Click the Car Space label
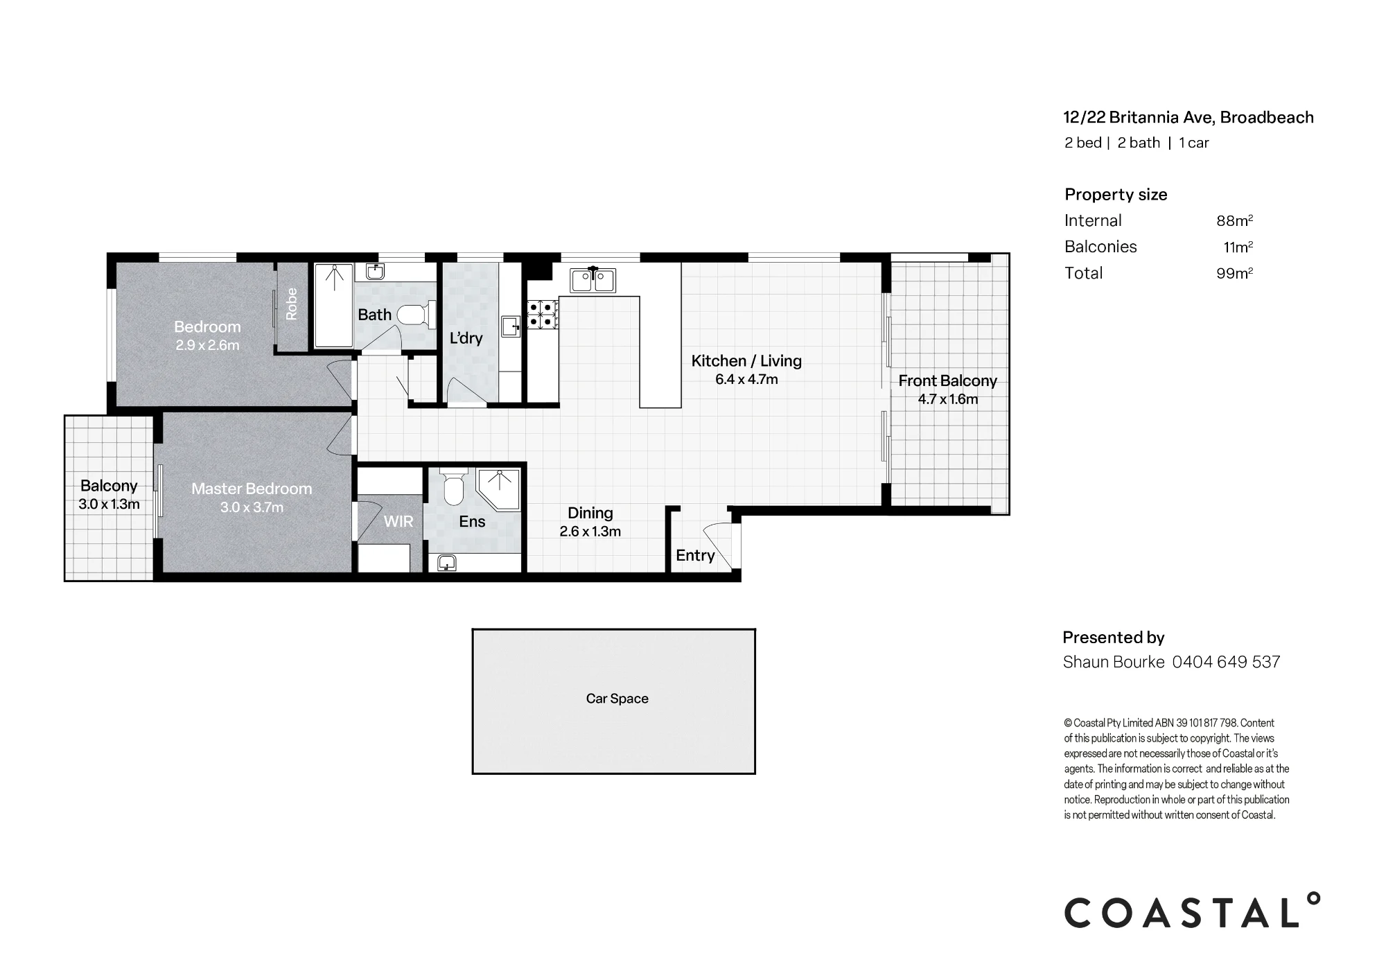[617, 699]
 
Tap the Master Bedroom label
[252, 489]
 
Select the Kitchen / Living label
[746, 360]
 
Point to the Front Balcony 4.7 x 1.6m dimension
[948, 399]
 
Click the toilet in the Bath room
[417, 315]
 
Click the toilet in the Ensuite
[454, 489]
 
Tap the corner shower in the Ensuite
[498, 491]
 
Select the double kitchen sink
[593, 281]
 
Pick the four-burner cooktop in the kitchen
[543, 314]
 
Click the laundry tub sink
[510, 325]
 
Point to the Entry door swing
[718, 546]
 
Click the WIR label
[398, 522]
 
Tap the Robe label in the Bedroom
[292, 304]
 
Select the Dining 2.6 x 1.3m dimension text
[590, 532]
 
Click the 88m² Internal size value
[1235, 220]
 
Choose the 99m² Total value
[1235, 273]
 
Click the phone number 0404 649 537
[1226, 662]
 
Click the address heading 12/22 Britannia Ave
[1139, 118]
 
